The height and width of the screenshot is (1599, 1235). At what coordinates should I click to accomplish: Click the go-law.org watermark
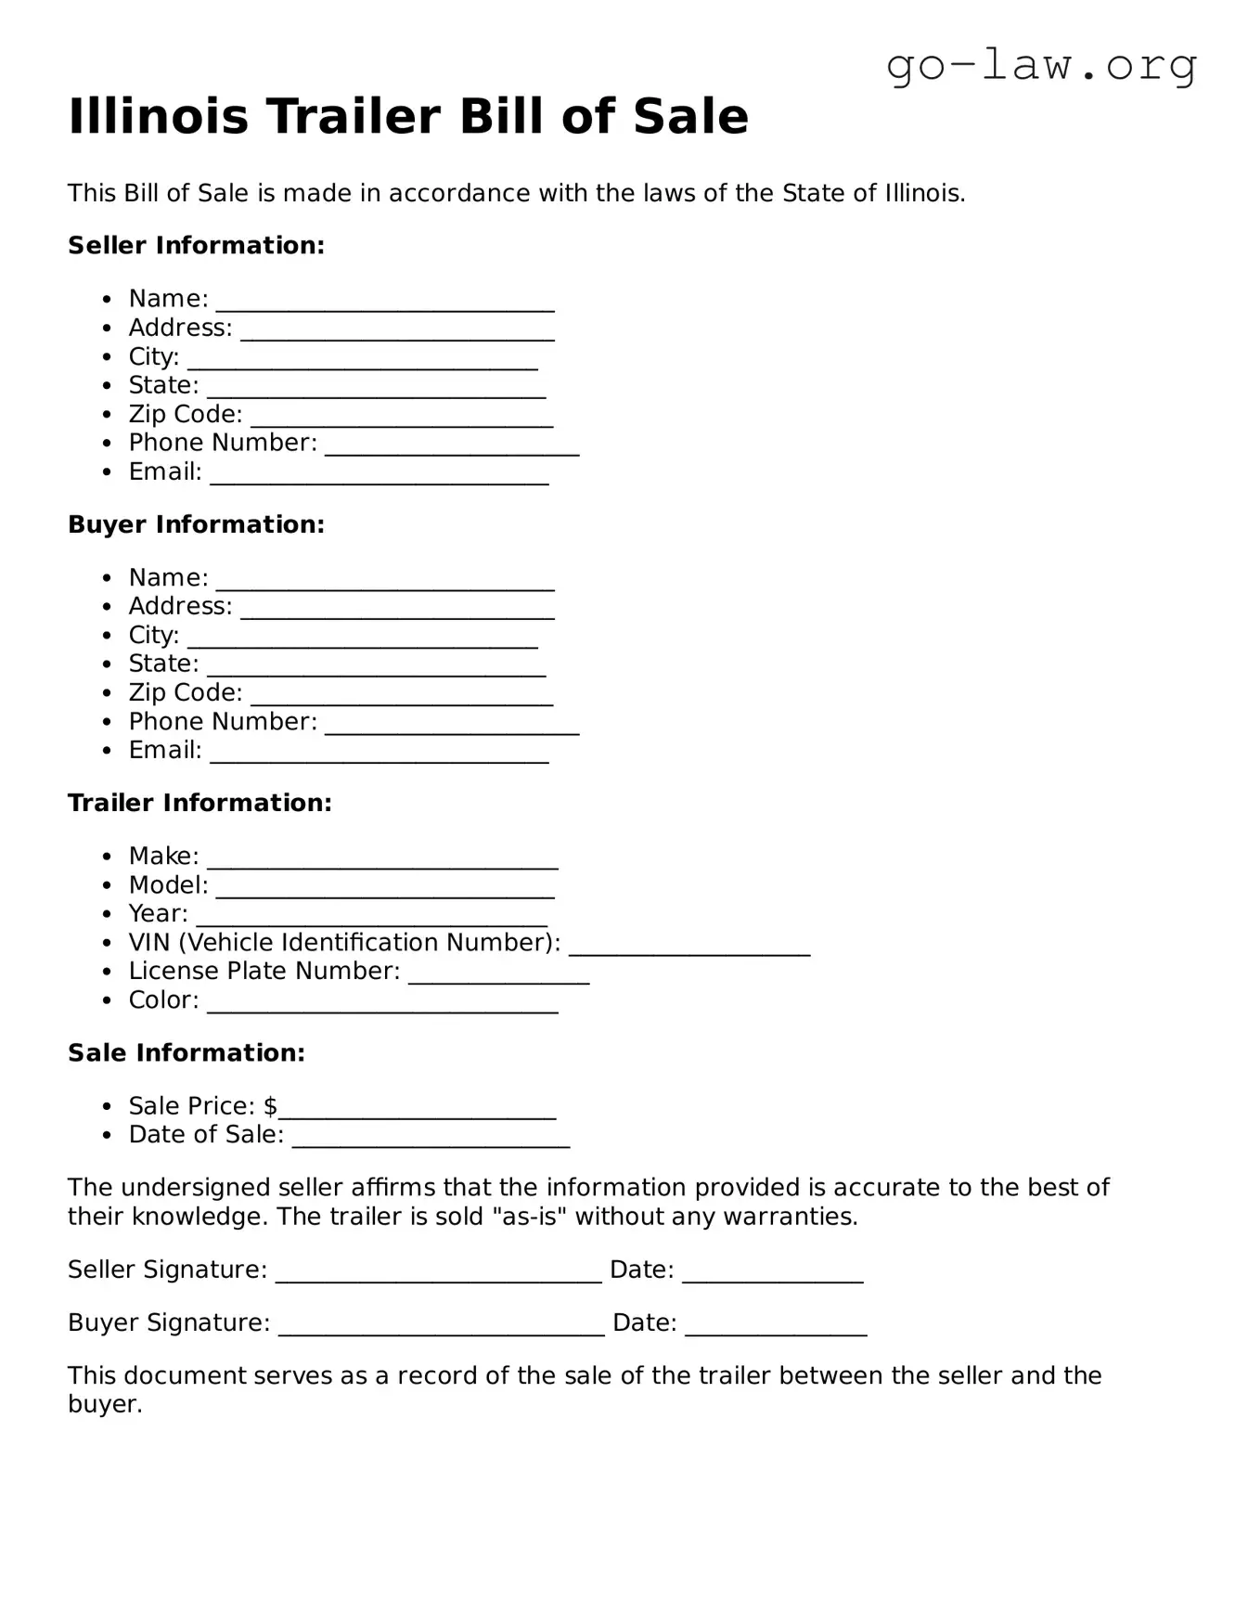tap(1041, 66)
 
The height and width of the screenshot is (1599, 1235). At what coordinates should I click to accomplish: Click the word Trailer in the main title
tap(354, 117)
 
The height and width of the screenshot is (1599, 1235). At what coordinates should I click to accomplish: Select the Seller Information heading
tap(196, 246)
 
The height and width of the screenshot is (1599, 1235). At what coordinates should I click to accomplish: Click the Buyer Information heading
tap(196, 524)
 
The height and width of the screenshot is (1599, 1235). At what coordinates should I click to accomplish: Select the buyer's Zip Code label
tap(186, 693)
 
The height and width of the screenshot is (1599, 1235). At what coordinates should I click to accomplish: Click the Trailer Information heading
tap(199, 803)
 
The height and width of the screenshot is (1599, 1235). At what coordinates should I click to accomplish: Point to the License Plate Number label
tap(264, 972)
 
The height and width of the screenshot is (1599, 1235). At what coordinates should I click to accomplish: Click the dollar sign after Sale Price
tap(270, 1106)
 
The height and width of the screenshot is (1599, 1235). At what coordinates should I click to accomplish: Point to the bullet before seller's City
tap(109, 357)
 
